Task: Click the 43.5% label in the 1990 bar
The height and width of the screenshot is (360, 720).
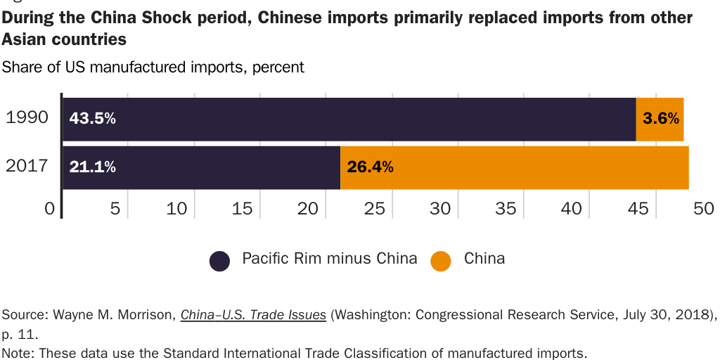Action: [92, 119]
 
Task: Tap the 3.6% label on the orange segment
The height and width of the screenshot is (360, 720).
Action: [660, 119]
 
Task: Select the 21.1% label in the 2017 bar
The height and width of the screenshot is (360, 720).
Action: [92, 167]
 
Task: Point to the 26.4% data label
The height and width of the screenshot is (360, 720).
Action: [370, 167]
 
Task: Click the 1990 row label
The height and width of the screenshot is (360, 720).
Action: [27, 117]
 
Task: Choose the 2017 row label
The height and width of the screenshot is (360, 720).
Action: [27, 166]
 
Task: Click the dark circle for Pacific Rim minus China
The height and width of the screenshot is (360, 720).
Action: [220, 261]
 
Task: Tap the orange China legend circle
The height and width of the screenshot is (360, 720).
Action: [441, 261]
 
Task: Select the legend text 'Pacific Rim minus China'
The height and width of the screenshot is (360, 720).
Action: [329, 258]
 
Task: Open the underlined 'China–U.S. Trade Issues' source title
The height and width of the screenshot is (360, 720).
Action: [253, 315]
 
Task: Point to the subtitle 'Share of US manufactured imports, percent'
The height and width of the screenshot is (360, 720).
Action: [153, 67]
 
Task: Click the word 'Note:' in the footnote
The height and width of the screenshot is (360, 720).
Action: [19, 353]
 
